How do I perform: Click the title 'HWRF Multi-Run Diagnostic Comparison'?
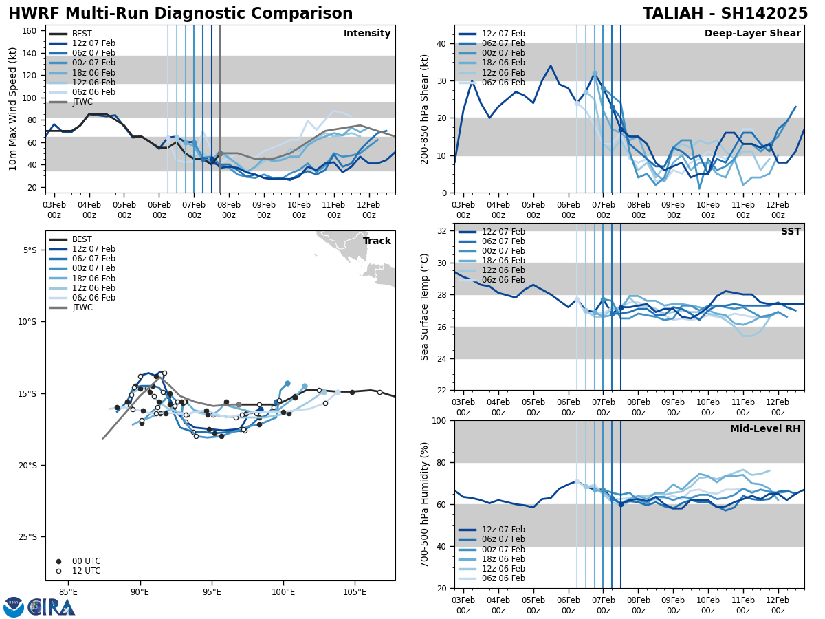[180, 14]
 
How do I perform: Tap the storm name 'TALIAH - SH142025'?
[725, 14]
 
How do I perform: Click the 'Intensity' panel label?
[367, 34]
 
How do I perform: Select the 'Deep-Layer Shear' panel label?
[752, 34]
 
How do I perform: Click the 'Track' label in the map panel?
[377, 241]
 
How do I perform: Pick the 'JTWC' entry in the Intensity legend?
[82, 102]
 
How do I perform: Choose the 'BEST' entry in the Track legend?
[82, 239]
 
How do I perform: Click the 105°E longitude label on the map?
[355, 592]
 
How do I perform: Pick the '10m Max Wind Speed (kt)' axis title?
[12, 109]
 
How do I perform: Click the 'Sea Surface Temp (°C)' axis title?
[425, 307]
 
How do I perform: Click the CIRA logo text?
[51, 607]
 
